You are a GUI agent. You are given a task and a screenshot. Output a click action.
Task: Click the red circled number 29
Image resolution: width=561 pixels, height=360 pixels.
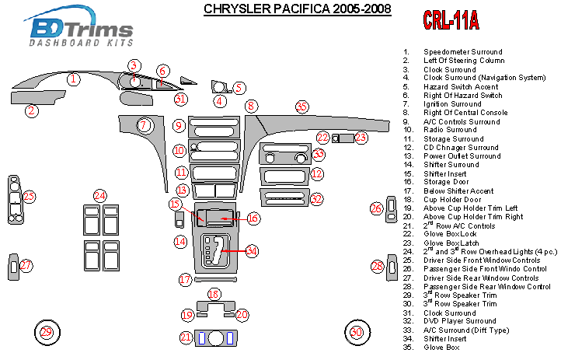pos(47,333)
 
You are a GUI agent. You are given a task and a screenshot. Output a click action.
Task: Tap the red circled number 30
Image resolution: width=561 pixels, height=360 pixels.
pos(356,333)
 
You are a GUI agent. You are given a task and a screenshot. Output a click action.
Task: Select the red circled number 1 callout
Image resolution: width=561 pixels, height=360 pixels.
pos(72,79)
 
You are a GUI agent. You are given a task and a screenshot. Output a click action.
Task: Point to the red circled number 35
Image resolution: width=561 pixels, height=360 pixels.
pos(301,107)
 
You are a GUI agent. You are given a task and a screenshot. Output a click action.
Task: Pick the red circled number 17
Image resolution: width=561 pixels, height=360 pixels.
pos(185,279)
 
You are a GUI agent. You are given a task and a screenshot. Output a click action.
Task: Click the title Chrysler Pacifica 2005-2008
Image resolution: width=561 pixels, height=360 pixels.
pos(297,9)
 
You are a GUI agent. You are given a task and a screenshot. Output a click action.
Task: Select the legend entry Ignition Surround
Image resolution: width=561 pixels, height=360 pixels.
pos(452,104)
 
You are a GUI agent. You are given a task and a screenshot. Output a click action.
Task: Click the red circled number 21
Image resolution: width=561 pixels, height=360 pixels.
pos(186,337)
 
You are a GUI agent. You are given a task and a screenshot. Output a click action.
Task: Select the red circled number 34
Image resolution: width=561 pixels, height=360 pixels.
pos(252,250)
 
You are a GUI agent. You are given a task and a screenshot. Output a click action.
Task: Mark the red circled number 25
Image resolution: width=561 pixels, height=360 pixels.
pos(30,197)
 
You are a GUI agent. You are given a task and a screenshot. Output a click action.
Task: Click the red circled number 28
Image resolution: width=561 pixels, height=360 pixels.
pos(378,267)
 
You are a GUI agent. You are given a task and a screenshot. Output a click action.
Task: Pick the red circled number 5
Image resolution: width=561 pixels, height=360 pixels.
pos(239,88)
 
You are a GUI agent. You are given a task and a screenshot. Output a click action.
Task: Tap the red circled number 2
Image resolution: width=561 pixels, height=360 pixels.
pos(32,111)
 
